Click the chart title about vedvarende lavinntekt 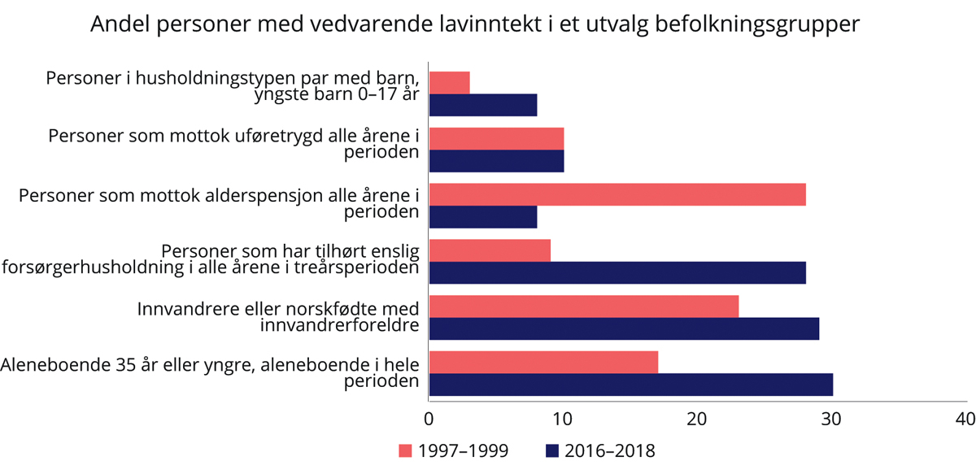pyautogui.click(x=474, y=24)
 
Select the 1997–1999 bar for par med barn pyautogui.click(x=449, y=82)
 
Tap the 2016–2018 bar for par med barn pyautogui.click(x=482, y=105)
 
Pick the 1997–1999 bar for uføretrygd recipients pyautogui.click(x=496, y=138)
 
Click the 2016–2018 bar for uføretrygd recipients pyautogui.click(x=496, y=161)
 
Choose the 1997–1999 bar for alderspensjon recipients pyautogui.click(x=617, y=194)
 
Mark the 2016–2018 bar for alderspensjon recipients pyautogui.click(x=482, y=217)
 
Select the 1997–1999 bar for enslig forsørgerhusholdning pyautogui.click(x=490, y=250)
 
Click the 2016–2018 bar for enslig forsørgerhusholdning pyautogui.click(x=617, y=272)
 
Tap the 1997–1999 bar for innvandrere pyautogui.click(x=583, y=307)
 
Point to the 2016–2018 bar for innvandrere pyautogui.click(x=624, y=328)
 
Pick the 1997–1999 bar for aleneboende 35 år pyautogui.click(x=543, y=362)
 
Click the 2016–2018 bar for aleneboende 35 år pyautogui.click(x=630, y=385)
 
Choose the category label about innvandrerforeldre pyautogui.click(x=277, y=318)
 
